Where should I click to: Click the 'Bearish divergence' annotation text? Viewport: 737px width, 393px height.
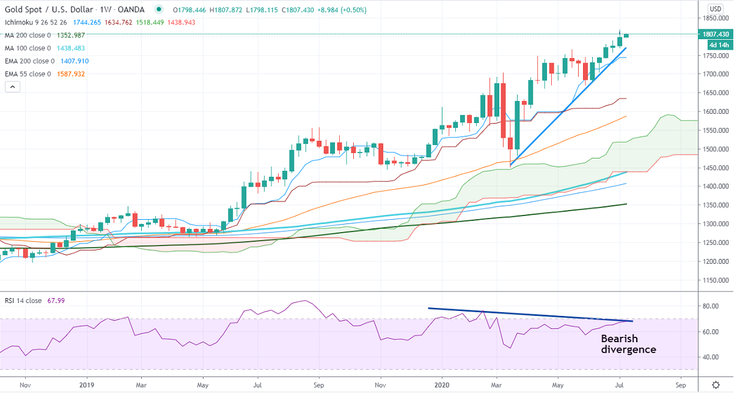click(x=628, y=344)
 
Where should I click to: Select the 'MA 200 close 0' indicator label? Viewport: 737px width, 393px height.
click(x=28, y=35)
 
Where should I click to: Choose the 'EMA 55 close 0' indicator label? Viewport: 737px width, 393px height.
click(x=28, y=74)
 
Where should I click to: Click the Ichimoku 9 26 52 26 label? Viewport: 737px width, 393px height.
click(x=35, y=23)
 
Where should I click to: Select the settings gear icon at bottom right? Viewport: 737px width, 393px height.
click(x=716, y=385)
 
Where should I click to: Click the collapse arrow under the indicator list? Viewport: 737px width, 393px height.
click(x=13, y=87)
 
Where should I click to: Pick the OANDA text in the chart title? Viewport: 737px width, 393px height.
click(x=131, y=10)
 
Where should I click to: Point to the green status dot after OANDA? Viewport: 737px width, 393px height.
click(x=159, y=10)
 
